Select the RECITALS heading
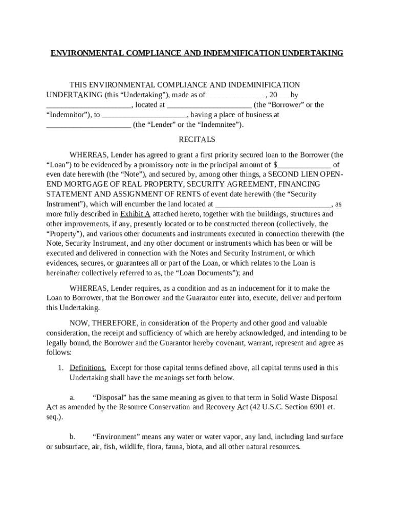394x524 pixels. pyautogui.click(x=197, y=139)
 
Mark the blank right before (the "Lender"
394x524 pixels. pyautogui.click(x=89, y=124)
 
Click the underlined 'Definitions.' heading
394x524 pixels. pyautogui.click(x=88, y=368)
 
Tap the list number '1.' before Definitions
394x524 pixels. pyautogui.click(x=60, y=368)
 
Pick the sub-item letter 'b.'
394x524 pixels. pyautogui.click(x=73, y=436)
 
